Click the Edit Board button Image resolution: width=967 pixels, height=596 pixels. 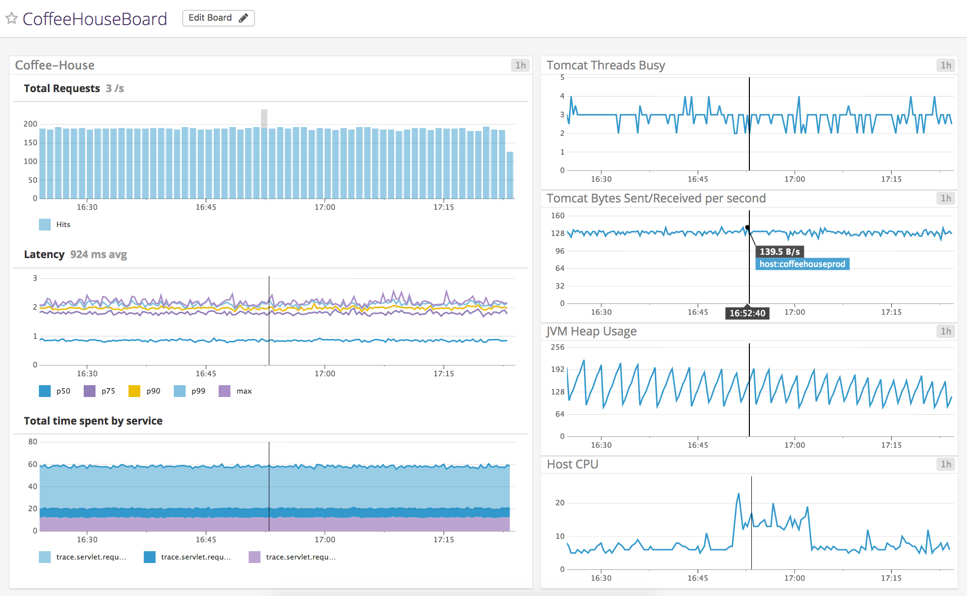(218, 18)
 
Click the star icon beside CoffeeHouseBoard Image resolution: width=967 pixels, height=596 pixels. (12, 19)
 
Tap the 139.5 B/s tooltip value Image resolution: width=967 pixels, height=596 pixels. (779, 252)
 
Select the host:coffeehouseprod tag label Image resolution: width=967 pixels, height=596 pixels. (802, 264)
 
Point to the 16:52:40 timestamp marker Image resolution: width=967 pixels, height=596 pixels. (747, 313)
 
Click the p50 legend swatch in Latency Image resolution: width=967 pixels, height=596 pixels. (45, 391)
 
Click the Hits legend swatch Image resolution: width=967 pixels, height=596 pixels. (45, 225)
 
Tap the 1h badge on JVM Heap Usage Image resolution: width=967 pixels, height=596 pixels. (945, 331)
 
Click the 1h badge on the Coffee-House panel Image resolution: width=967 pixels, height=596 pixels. (520, 65)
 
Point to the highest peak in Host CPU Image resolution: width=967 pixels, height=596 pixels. (739, 494)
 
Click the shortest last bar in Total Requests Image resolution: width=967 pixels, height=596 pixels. (510, 175)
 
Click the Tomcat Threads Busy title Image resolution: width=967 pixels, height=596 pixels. (606, 65)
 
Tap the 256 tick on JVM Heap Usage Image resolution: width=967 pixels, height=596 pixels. (557, 347)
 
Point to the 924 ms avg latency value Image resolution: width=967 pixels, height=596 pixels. (98, 255)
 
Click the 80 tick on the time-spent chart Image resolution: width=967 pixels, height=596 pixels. (32, 442)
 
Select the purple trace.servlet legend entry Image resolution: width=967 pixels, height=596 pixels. (293, 557)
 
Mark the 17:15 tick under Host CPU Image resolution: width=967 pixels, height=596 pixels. (891, 578)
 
